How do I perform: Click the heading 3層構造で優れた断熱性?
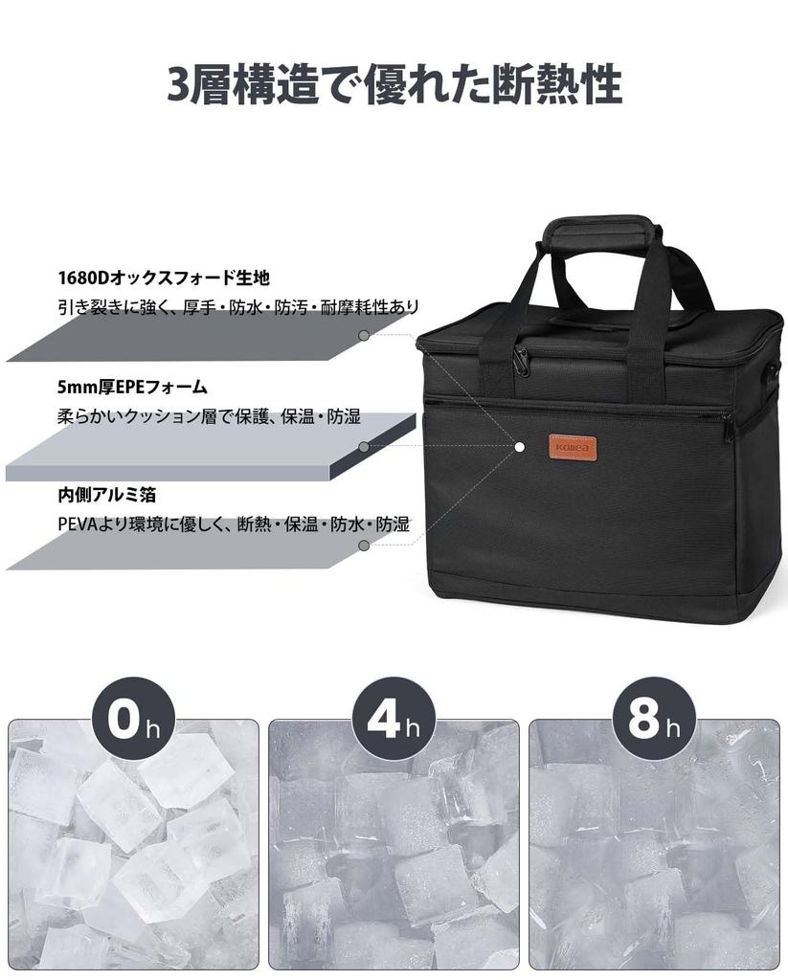pos(394,85)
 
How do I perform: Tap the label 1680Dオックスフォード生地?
pos(163,278)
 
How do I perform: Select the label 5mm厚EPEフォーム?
pos(132,388)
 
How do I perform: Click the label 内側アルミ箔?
pos(106,496)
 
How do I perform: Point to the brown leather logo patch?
pos(573,447)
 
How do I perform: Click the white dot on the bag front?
pos(519,447)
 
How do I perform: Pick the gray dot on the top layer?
pos(364,336)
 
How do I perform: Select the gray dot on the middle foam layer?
pos(364,447)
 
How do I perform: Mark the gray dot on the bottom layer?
pos(364,546)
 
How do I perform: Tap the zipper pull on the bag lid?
pos(521,361)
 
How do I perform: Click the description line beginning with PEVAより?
pos(233,524)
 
